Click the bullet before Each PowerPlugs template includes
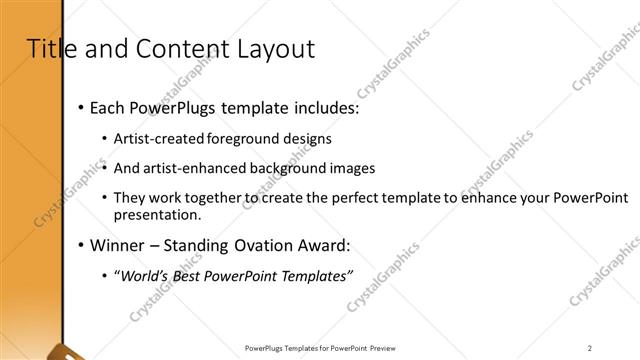click(x=81, y=107)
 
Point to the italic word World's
click(x=144, y=275)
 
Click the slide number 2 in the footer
click(x=590, y=348)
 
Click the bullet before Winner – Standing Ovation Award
click(x=81, y=245)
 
